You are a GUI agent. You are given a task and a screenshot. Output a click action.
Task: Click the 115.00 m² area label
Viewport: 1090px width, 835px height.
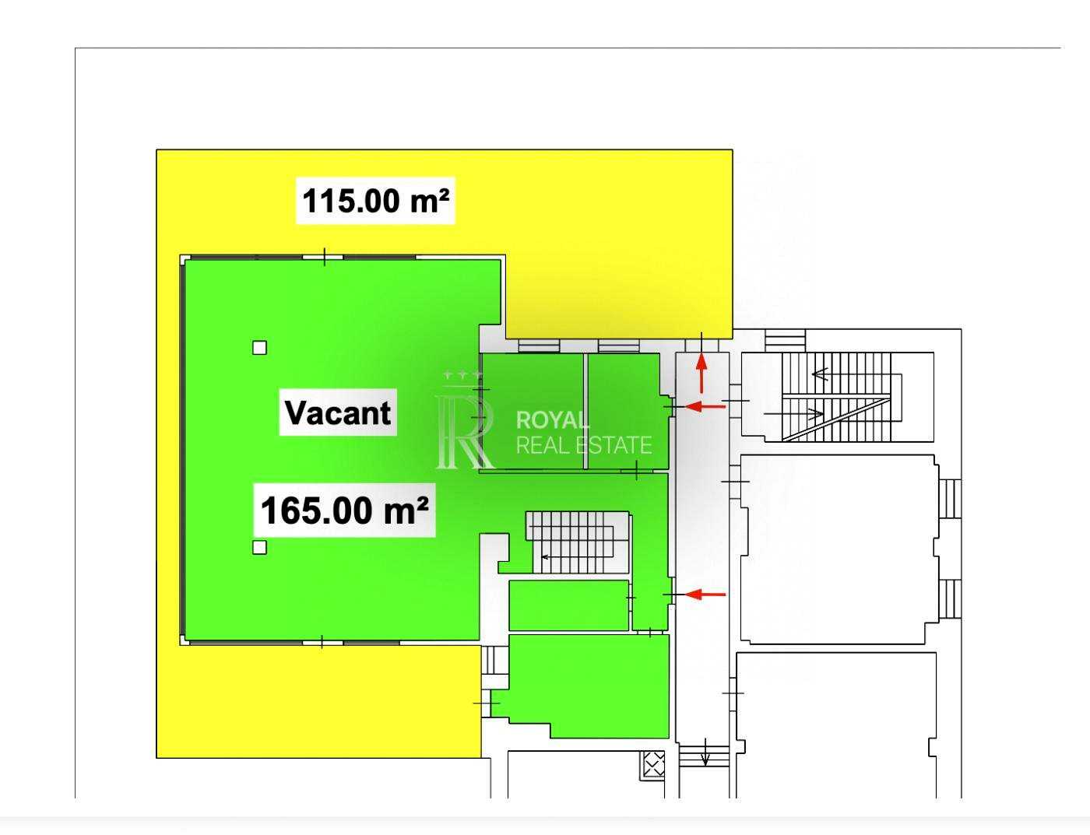pos(375,201)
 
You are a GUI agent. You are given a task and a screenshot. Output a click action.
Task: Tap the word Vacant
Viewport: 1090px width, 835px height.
pos(338,412)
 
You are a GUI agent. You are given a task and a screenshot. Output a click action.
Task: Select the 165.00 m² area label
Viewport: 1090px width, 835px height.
pos(345,510)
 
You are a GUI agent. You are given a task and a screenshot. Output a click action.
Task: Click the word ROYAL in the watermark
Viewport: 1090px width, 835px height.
pos(553,420)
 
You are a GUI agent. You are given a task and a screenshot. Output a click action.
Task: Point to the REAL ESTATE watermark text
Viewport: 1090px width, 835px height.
pos(584,445)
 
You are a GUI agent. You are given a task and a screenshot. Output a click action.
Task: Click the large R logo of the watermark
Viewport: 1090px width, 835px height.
pos(465,432)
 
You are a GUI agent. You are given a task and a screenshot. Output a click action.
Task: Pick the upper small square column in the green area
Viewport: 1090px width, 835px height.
pos(259,348)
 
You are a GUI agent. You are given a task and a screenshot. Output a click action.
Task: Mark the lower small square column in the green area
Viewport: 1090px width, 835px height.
pos(259,547)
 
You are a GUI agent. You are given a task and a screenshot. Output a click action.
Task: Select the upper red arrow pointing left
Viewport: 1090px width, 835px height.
pos(705,406)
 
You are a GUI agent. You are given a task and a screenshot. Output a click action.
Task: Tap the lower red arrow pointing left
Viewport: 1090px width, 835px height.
pos(705,595)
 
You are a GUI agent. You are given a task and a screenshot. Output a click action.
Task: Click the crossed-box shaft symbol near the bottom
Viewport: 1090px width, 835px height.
pos(654,765)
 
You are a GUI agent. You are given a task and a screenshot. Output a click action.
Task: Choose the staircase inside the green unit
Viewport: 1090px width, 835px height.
pos(577,542)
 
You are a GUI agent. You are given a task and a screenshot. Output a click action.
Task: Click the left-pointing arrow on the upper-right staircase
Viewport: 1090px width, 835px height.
pos(820,374)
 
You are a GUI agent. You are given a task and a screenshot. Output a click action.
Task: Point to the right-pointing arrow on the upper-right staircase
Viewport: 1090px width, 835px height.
pos(793,413)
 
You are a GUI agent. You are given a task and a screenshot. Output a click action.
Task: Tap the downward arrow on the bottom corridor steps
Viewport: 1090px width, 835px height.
pos(705,752)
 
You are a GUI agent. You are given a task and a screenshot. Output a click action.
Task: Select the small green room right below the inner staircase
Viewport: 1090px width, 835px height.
pos(569,605)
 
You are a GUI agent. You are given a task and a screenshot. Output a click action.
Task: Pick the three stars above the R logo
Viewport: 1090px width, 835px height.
pos(463,374)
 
